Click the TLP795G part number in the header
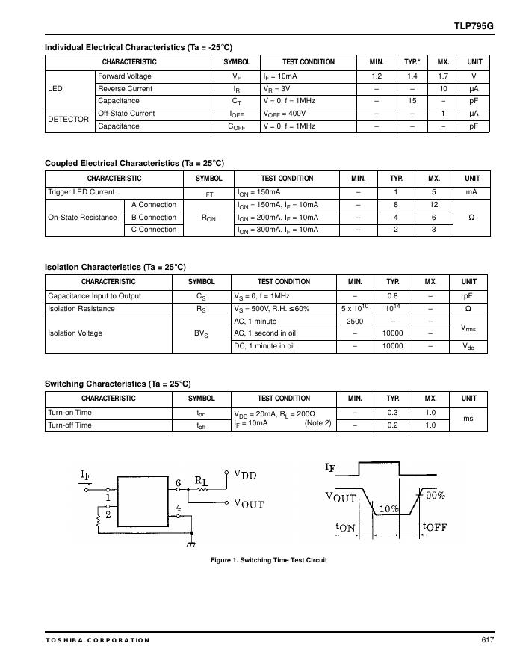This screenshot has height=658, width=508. [x=474, y=25]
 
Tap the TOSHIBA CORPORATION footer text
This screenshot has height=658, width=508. [x=97, y=640]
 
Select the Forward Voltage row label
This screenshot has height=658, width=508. [x=125, y=76]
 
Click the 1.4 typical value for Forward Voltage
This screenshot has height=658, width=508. [x=412, y=76]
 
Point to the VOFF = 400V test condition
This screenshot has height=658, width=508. [x=285, y=114]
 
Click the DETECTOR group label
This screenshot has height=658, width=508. [x=69, y=120]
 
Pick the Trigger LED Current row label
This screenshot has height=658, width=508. [x=81, y=192]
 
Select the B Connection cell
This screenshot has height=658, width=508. [x=154, y=218]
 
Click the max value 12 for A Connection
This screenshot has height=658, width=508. [x=433, y=205]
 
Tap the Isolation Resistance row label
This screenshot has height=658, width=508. [x=81, y=309]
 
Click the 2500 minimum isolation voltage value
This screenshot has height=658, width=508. [x=355, y=322]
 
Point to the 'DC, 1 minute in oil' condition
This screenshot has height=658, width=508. [x=264, y=346]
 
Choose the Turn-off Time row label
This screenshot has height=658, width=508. [x=70, y=425]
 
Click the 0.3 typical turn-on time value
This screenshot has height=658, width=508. [x=392, y=413]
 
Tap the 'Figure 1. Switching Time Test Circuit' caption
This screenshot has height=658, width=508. [x=269, y=560]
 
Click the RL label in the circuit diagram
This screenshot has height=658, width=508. [x=202, y=481]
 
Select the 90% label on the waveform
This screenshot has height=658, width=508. [x=436, y=495]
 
